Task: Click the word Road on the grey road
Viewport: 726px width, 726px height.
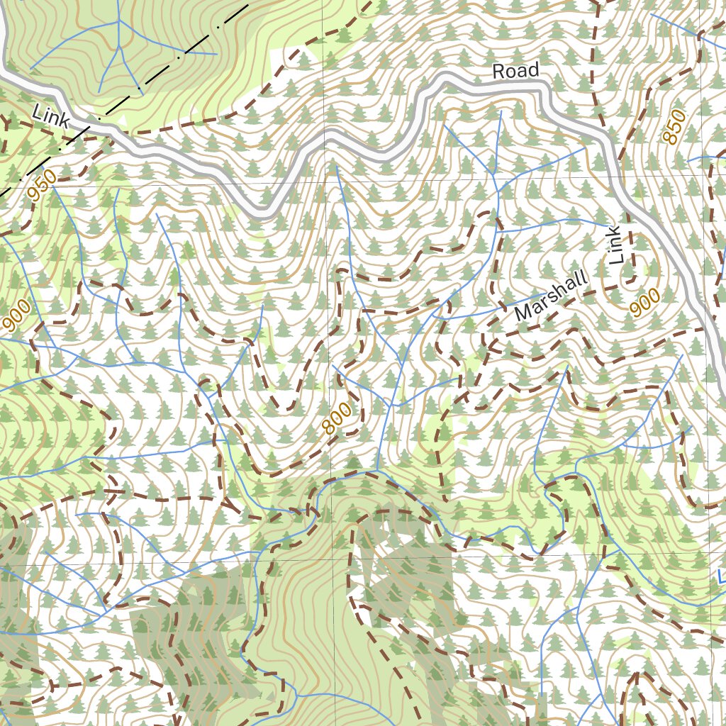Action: [515, 70]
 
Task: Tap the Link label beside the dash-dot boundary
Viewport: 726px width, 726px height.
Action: [50, 116]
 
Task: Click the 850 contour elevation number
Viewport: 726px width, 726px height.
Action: [674, 127]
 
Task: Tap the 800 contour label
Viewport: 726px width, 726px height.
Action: [336, 419]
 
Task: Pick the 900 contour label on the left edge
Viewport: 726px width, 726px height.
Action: [16, 316]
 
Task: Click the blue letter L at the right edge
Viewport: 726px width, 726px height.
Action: [720, 576]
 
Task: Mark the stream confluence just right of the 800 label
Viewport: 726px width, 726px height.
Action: [391, 406]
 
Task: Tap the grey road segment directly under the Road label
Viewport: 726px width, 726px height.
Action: [515, 86]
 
